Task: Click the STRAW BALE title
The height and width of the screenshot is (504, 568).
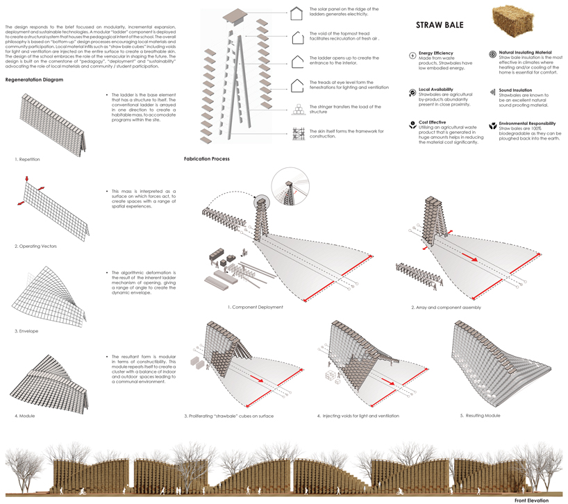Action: point(440,25)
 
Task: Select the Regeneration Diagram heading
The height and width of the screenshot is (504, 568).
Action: point(34,80)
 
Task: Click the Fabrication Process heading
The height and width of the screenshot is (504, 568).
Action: point(206,159)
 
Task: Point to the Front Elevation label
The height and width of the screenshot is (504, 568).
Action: point(531,500)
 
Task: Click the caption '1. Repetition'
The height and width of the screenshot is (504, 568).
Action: point(27,160)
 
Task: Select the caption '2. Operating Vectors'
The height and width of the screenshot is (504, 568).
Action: point(36,246)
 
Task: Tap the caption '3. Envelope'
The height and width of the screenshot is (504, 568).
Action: point(26,331)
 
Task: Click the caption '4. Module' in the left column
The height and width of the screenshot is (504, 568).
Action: point(25,416)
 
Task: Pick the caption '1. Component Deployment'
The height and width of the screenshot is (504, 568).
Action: point(255,307)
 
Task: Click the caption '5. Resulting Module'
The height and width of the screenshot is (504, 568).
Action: point(480,415)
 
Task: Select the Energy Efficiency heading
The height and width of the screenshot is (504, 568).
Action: point(436,53)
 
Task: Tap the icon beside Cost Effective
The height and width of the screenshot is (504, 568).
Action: point(412,126)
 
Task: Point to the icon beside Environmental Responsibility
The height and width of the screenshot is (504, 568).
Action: point(493,125)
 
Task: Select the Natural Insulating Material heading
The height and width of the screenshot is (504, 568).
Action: point(525,52)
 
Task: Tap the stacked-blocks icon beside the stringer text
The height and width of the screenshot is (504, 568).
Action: point(298,110)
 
